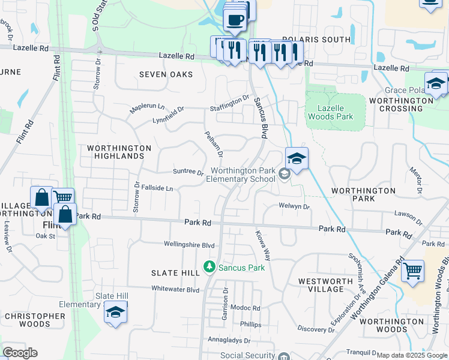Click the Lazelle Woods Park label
pos(335,112)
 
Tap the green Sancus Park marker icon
pos(209,266)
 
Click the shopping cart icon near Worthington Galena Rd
pos(412,271)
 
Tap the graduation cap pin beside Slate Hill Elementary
pos(115,314)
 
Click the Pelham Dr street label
pos(214,144)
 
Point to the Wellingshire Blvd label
pos(189,245)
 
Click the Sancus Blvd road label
pos(260,118)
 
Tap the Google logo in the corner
pos(19,353)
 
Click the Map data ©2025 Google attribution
pos(411,355)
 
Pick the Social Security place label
pos(246,355)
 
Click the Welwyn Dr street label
pos(294,206)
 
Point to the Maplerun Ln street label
pos(147,108)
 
